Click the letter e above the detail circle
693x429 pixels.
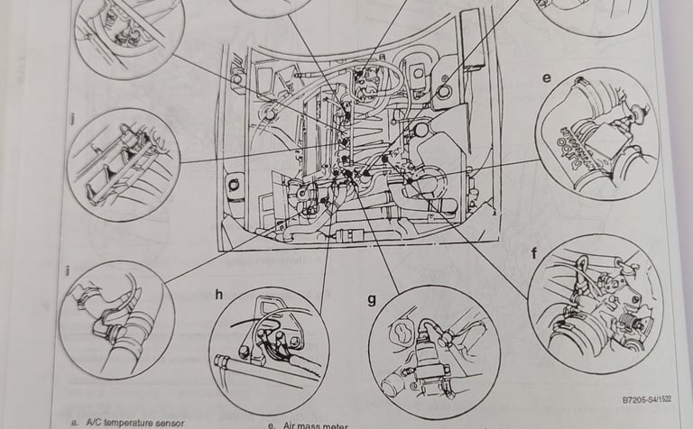pyautogui.click(x=547, y=78)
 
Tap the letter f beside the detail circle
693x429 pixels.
pyautogui.click(x=533, y=253)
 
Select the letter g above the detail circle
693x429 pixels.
pyautogui.click(x=371, y=299)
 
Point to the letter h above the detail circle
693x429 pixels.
pyautogui.click(x=218, y=294)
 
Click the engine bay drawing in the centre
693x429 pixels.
pyautogui.click(x=347, y=135)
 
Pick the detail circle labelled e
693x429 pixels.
pyautogui.click(x=597, y=134)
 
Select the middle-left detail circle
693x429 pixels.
pyautogui.click(x=124, y=165)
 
